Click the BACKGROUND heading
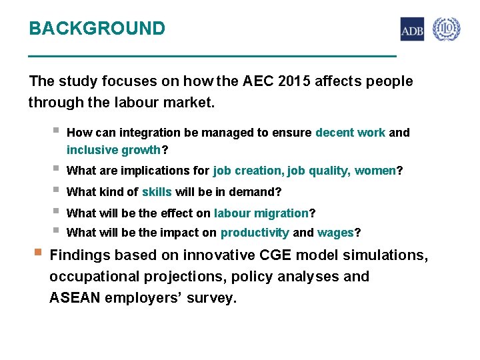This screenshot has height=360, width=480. [97, 29]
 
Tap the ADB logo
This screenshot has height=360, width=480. [411, 29]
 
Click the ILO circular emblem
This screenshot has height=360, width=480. [446, 29]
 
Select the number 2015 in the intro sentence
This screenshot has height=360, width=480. [294, 81]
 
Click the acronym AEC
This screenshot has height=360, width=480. [258, 81]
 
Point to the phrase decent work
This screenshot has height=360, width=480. [350, 133]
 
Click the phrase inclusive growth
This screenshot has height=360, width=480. [114, 150]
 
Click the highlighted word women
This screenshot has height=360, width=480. [375, 171]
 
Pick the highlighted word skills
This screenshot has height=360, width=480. [157, 192]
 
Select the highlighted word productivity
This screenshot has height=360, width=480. [255, 233]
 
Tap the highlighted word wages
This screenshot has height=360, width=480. [335, 233]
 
